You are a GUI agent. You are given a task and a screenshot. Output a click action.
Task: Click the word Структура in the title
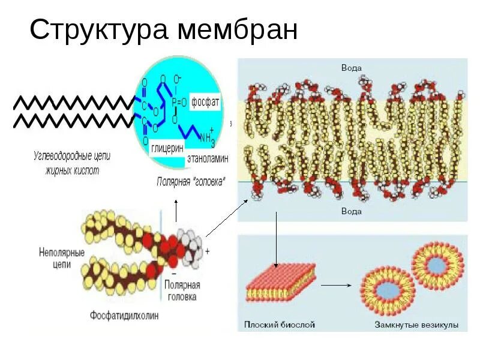(x=98, y=29)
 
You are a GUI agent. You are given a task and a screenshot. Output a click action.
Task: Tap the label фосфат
(x=206, y=101)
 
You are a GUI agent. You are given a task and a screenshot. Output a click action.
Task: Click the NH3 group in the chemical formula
(x=206, y=138)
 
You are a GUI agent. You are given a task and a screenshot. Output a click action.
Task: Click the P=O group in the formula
(x=179, y=102)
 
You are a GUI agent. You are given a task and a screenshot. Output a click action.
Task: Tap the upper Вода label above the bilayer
(x=351, y=68)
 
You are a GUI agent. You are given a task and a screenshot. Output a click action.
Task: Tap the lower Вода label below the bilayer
(x=351, y=211)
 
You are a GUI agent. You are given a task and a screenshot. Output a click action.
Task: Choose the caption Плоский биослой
(x=280, y=325)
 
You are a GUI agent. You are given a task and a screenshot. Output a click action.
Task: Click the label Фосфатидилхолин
(x=125, y=314)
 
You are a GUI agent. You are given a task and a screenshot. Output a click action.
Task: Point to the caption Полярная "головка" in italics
(x=191, y=181)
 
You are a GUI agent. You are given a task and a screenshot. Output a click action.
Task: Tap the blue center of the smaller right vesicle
(x=437, y=262)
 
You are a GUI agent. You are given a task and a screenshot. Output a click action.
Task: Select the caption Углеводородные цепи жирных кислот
(x=72, y=163)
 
